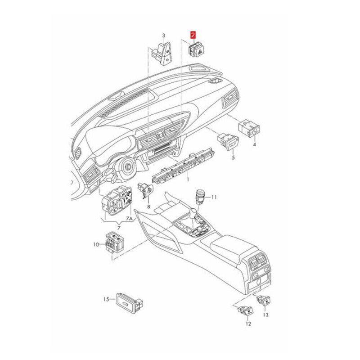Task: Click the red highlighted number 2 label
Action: (x=193, y=34)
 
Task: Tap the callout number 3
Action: (x=164, y=35)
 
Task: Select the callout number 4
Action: (x=254, y=145)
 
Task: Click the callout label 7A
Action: (x=129, y=219)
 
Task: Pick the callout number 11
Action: (x=214, y=197)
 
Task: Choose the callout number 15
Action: (x=107, y=299)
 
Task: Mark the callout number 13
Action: (x=265, y=315)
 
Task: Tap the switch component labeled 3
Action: (x=164, y=54)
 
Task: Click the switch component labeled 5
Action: (x=228, y=141)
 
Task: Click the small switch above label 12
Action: (x=245, y=310)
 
